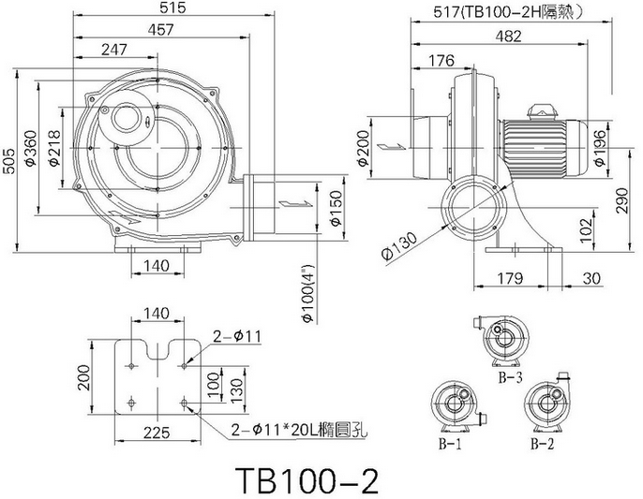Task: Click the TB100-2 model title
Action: pyautogui.click(x=307, y=480)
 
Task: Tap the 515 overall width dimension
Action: pyautogui.click(x=173, y=7)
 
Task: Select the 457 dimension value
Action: pyautogui.click(x=161, y=30)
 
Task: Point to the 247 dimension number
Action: pyautogui.click(x=114, y=50)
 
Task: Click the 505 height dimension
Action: pyautogui.click(x=9, y=161)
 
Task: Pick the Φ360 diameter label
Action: pyautogui.click(x=31, y=148)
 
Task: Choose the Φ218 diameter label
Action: pyautogui.click(x=53, y=148)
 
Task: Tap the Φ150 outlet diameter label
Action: pyautogui.click(x=336, y=208)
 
